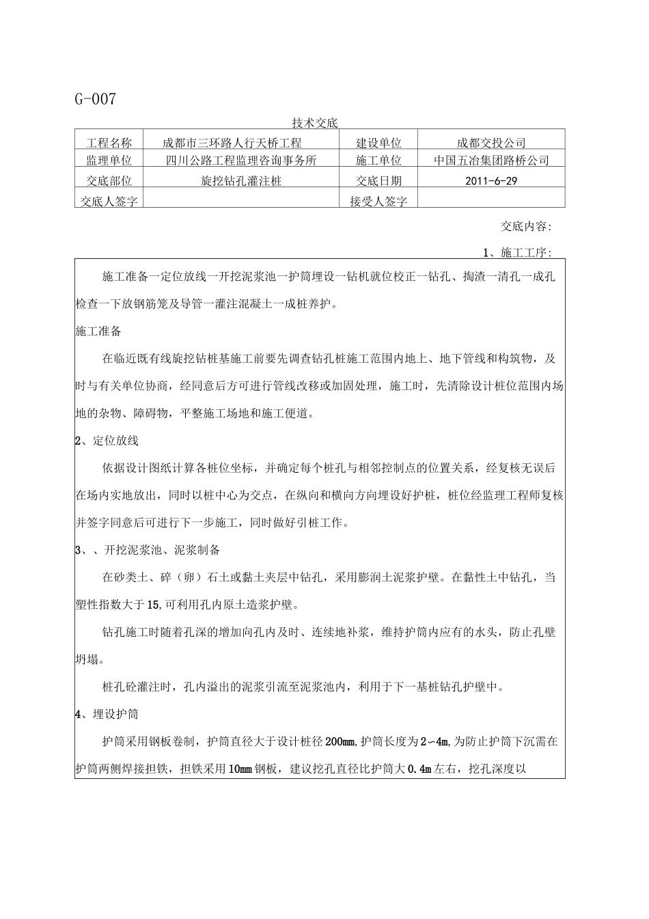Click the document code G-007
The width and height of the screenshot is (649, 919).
click(96, 99)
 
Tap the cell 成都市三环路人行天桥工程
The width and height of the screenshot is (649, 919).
click(232, 143)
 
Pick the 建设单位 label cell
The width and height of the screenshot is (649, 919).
click(378, 143)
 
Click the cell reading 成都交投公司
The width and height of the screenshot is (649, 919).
click(491, 143)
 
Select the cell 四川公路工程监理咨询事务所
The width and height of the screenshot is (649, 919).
click(242, 161)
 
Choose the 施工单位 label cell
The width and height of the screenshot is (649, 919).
click(378, 161)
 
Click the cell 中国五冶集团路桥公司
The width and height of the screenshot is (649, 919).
click(491, 161)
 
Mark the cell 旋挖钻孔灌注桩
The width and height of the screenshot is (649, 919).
click(241, 181)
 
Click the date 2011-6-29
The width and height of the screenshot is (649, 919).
click(491, 181)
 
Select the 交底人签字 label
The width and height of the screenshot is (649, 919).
click(109, 202)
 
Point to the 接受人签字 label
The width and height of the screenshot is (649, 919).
click(378, 202)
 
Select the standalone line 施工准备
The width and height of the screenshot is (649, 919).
click(98, 331)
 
